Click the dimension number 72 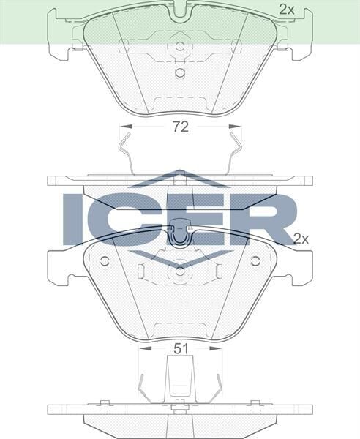(x=181, y=127)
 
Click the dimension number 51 (x=181, y=349)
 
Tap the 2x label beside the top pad (x=287, y=10)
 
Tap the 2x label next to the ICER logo (x=301, y=239)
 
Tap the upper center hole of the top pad (x=180, y=46)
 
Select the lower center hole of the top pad (x=180, y=72)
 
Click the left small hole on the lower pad (x=105, y=260)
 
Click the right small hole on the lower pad (x=255, y=260)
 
